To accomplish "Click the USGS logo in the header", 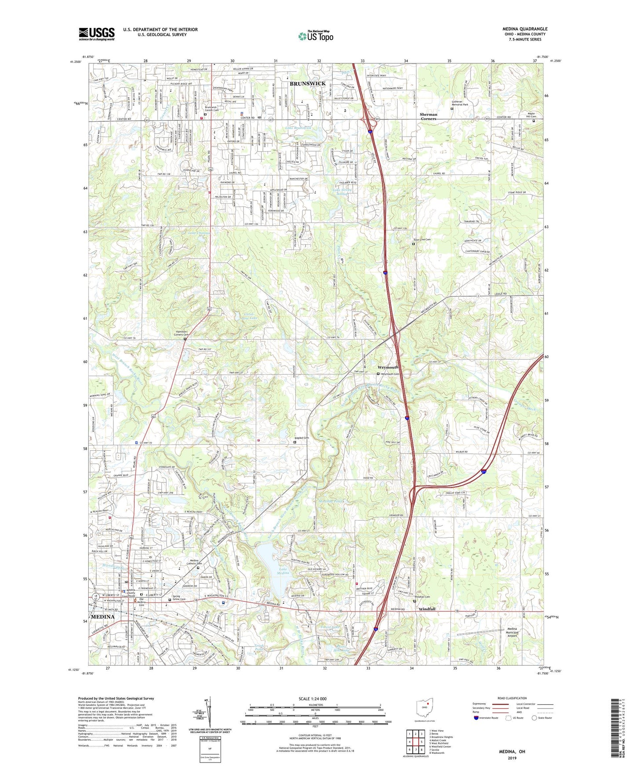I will coord(96,34).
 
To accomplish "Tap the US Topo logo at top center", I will coord(315,36).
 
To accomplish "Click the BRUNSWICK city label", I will coord(308,83).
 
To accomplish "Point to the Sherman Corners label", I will coord(428,116).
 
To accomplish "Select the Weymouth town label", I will coord(388,367).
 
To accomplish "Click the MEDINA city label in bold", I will coord(102,617).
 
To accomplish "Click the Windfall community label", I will coord(427,609).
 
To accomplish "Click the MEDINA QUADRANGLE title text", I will coord(525,29).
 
